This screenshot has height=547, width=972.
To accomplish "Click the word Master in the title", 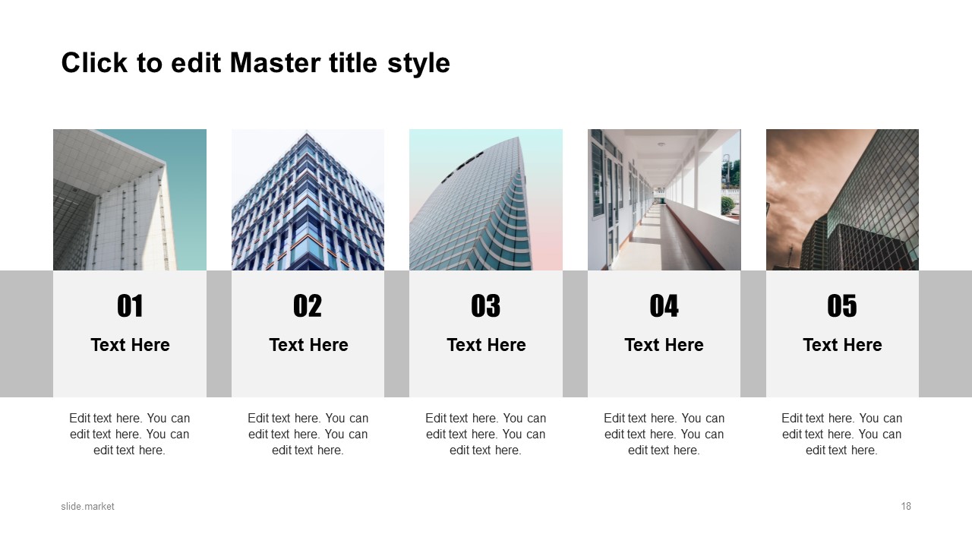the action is point(275,63).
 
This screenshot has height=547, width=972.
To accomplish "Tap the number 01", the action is point(130,305).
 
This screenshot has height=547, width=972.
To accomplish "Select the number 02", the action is point(308,305).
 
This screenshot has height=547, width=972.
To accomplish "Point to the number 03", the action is point(485,305).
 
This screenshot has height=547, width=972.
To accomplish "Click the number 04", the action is point(664,305).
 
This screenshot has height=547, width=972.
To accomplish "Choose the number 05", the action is point(842,305).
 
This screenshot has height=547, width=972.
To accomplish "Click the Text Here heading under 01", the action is point(130,345).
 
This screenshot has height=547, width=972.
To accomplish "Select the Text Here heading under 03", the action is point(486,345).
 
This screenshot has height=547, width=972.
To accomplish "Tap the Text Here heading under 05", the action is point(842,345).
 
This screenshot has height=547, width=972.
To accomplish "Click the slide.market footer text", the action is point(87,506).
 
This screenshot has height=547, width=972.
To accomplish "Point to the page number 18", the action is point(906,506).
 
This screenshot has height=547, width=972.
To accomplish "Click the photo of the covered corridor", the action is point(664,200).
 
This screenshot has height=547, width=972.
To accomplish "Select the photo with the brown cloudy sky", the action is point(842,200).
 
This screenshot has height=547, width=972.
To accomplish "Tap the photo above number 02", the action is point(308,200).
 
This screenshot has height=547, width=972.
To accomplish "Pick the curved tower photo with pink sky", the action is point(486,200).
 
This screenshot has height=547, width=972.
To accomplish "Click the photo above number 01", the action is point(130,200).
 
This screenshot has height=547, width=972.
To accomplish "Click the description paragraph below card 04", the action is point(664,434).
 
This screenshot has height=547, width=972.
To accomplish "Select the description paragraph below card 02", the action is point(308,434).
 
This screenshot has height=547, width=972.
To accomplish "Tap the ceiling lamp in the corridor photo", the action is point(661,144).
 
